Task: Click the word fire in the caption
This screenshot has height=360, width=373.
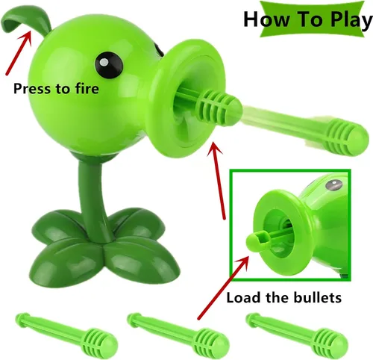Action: (x=87, y=88)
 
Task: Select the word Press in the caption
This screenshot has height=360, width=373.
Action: (x=30, y=89)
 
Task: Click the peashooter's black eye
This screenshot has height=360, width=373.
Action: (x=109, y=64)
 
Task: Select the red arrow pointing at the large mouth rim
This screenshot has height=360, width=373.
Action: (x=216, y=181)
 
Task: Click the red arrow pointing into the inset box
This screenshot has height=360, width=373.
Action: (x=223, y=288)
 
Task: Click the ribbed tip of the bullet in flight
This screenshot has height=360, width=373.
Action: (x=347, y=137)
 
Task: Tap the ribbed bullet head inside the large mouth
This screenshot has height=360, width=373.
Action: (x=219, y=107)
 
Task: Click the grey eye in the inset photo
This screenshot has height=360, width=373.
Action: (x=333, y=185)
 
